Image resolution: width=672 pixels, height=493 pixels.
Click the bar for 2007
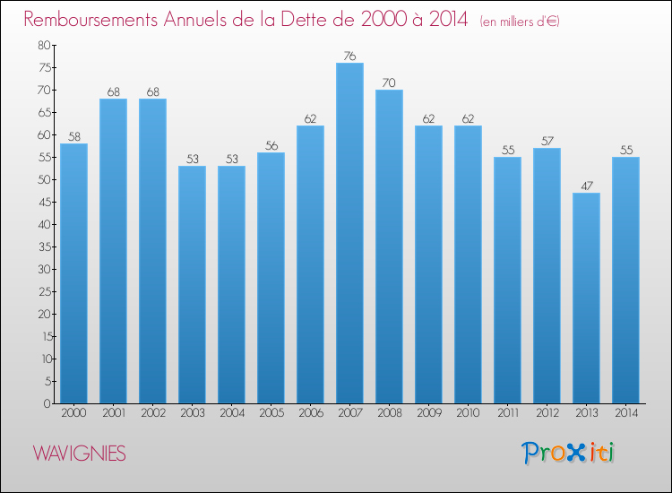[349, 233]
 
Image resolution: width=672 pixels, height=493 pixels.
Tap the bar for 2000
[73, 273]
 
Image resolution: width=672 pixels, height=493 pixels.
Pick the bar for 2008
[389, 246]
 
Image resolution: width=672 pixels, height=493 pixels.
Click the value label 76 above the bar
[349, 56]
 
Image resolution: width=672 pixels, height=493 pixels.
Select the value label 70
[389, 83]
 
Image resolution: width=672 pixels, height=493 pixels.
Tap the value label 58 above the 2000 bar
[73, 137]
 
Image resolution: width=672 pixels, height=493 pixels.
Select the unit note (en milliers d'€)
[520, 22]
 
